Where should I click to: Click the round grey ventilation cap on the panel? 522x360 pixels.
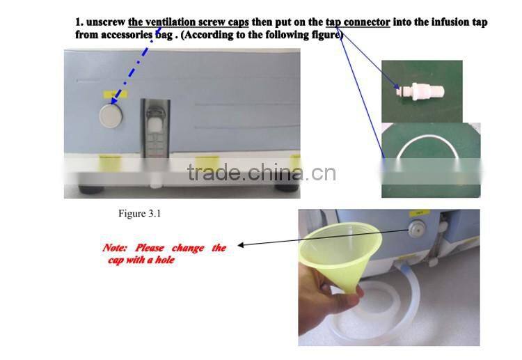[111, 116]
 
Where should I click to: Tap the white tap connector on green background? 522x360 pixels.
[421, 91]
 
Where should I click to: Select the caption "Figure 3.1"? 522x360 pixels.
[140, 214]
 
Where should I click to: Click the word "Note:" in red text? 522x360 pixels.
[115, 248]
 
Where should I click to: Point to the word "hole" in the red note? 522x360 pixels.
[165, 260]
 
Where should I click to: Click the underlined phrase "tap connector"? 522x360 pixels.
[358, 22]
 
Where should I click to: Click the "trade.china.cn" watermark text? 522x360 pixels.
[262, 172]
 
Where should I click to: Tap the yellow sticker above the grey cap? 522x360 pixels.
[115, 94]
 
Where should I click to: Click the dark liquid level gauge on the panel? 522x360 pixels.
[155, 128]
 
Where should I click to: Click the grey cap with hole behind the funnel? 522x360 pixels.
[417, 229]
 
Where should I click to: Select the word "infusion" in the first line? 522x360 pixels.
[451, 22]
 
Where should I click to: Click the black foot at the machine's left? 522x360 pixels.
[91, 190]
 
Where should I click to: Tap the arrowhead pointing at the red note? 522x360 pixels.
[241, 245]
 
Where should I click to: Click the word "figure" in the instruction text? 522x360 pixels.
[324, 35]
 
